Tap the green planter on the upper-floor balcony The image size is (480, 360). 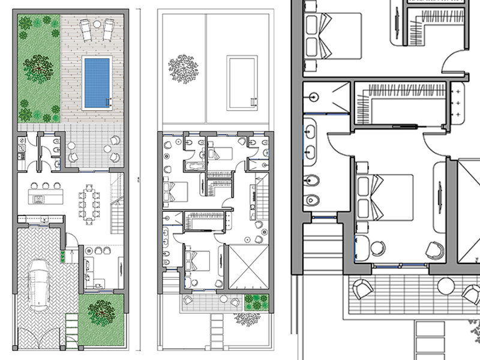[x=253, y=301]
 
